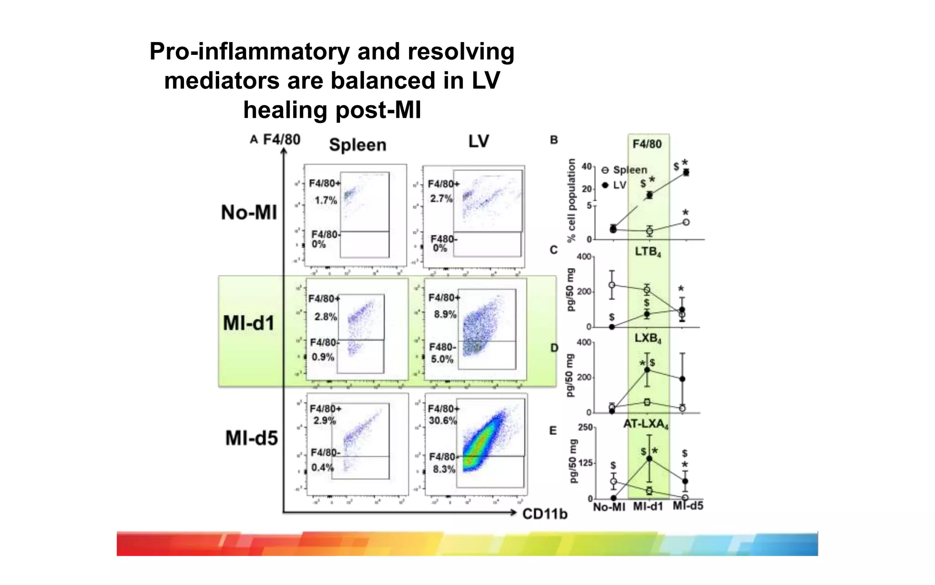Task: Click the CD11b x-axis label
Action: pyautogui.click(x=545, y=514)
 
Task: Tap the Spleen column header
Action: pyautogui.click(x=357, y=145)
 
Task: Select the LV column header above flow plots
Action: pyautogui.click(x=478, y=141)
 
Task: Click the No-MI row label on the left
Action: pyautogui.click(x=249, y=213)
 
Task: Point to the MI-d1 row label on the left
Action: pyautogui.click(x=249, y=323)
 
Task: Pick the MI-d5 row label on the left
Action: pyautogui.click(x=252, y=438)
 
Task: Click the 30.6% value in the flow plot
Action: pyautogui.click(x=442, y=420)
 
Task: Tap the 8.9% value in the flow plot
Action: pyautogui.click(x=445, y=314)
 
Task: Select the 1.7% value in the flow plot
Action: pyautogui.click(x=326, y=200)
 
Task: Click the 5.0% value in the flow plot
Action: pyautogui.click(x=442, y=359)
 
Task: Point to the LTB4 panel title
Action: pyautogui.click(x=648, y=252)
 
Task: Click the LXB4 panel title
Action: pyautogui.click(x=648, y=339)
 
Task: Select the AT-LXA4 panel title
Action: pyautogui.click(x=646, y=424)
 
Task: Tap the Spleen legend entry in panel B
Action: pyautogui.click(x=630, y=170)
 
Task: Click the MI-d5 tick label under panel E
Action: pyautogui.click(x=688, y=506)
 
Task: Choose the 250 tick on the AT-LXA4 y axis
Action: pyautogui.click(x=585, y=427)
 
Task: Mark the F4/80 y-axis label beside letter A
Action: pyautogui.click(x=282, y=139)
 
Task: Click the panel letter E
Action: pyautogui.click(x=553, y=431)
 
